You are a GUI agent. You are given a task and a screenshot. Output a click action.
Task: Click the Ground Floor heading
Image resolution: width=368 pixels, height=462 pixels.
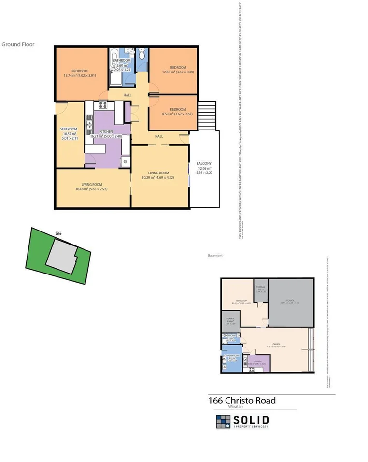click(x=18, y=44)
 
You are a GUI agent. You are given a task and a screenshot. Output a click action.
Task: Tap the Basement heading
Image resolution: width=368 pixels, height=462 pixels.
click(x=215, y=255)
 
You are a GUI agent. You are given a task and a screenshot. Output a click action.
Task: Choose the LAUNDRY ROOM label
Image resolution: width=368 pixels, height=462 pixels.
click(x=231, y=358)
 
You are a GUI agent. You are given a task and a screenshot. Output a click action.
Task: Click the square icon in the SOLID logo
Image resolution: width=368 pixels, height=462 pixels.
click(x=223, y=421)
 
